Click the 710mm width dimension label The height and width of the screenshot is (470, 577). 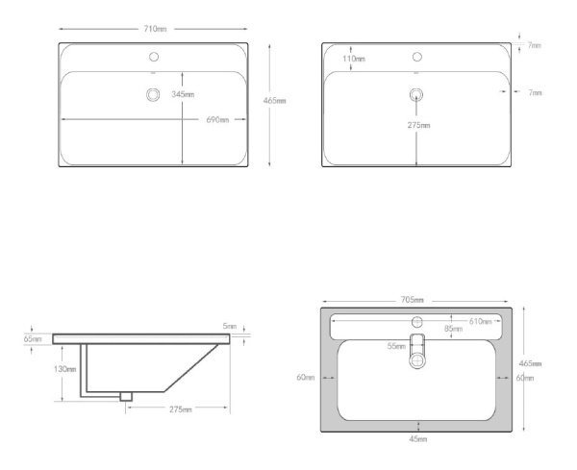(x=152, y=30)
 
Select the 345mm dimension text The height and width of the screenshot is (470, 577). (x=183, y=94)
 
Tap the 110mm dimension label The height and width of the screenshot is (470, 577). (x=354, y=60)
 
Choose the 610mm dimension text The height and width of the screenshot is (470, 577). (x=479, y=321)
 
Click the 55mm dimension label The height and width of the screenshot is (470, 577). (x=396, y=346)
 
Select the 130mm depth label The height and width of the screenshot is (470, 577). (x=65, y=369)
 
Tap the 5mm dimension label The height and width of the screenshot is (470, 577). (x=229, y=327)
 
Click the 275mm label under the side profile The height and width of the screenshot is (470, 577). (x=180, y=409)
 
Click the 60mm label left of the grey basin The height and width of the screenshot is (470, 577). (x=307, y=378)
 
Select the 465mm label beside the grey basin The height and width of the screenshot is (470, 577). (x=530, y=363)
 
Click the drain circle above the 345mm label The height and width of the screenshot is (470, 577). (x=151, y=94)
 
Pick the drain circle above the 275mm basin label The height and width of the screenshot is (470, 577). (x=415, y=94)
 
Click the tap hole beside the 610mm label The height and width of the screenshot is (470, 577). (x=417, y=321)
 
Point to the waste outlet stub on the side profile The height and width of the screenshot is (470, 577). (x=125, y=395)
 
